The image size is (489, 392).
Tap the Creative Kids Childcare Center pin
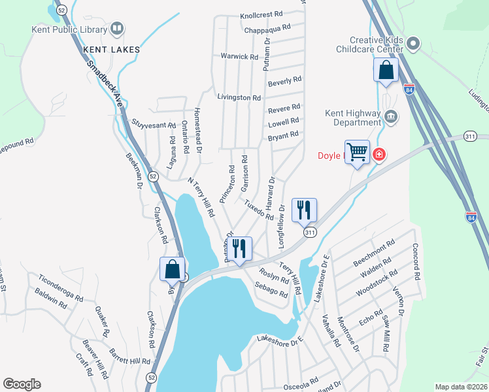point(413,44)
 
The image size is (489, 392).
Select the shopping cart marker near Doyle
point(358,153)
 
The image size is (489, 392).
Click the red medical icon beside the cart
point(379,155)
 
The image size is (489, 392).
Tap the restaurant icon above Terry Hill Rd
point(239,249)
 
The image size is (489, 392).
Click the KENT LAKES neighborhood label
point(109,49)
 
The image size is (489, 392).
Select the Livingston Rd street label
point(239,97)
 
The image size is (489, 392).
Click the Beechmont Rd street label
point(374,252)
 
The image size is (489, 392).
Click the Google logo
point(22,384)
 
